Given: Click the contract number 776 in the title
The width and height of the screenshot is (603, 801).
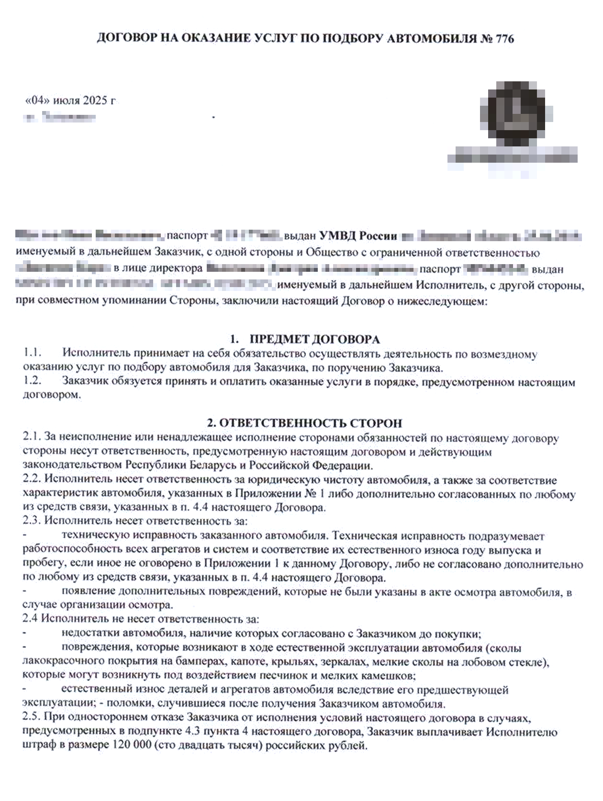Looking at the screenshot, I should coord(503,39).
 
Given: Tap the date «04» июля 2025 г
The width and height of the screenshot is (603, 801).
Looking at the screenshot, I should coord(70,101).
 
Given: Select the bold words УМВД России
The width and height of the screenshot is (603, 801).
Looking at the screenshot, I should coord(358,236).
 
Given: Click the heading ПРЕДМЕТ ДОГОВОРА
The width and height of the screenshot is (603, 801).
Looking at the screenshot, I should coord(314,339).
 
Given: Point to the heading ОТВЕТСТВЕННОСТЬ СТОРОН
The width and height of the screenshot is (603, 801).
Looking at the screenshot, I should coord(304,423).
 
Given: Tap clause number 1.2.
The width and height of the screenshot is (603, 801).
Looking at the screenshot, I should coord(33,382).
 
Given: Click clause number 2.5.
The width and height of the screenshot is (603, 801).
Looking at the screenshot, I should coord(32,718).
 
